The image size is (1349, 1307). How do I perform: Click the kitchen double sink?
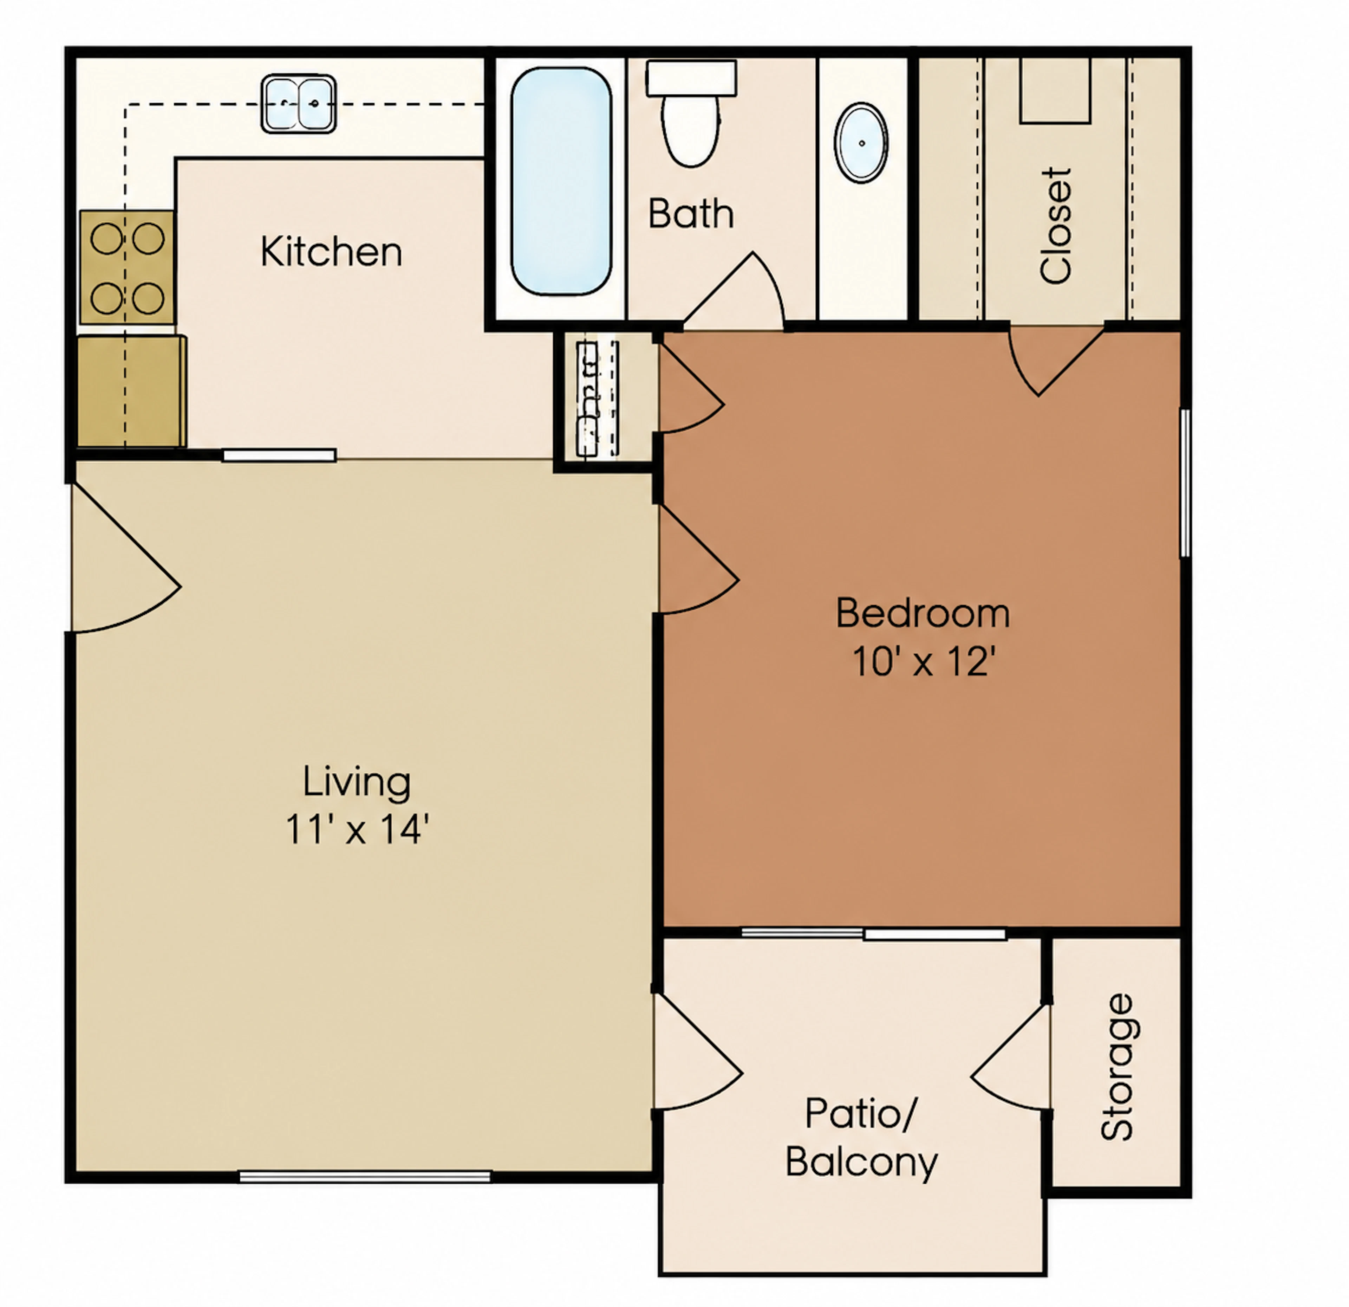[x=299, y=103]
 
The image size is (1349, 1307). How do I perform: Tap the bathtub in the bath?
[x=561, y=181]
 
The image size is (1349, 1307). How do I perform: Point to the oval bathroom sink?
[x=861, y=143]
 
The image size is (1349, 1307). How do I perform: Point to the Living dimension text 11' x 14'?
[x=357, y=829]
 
